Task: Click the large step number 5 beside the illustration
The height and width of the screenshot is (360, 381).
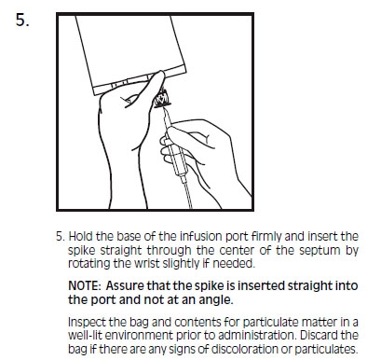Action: (x=22, y=21)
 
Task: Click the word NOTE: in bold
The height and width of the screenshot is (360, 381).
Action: (x=85, y=285)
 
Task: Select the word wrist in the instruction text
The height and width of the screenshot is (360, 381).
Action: (x=147, y=263)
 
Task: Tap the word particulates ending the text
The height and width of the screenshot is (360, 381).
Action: (x=326, y=350)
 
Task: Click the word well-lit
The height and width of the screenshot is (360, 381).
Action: (x=85, y=336)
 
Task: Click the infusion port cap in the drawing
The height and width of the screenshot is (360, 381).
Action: (x=162, y=99)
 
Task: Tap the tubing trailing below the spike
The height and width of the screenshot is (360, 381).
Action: (x=188, y=195)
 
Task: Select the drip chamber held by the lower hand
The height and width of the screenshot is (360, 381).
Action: (x=178, y=157)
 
